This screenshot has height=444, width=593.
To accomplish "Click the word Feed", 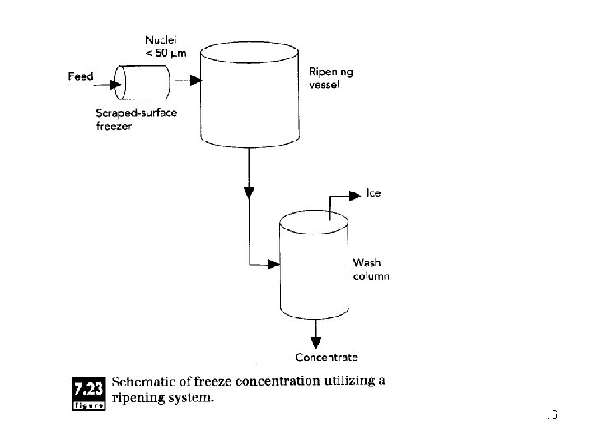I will click(x=80, y=76).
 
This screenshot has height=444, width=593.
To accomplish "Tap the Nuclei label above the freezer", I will click(x=161, y=39).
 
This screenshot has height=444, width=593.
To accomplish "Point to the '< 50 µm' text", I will click(x=167, y=53).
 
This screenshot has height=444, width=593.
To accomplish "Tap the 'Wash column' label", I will click(x=370, y=270).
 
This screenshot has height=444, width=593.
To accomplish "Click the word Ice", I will click(x=374, y=194).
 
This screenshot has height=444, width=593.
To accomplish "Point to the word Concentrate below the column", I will click(x=326, y=357).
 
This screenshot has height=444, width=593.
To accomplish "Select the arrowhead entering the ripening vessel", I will click(x=195, y=81).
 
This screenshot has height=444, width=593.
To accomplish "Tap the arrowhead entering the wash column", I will click(x=274, y=264).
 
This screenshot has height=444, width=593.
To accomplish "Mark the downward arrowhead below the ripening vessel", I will click(x=249, y=194).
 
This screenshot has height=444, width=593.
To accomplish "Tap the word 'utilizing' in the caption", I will click(x=351, y=382).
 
